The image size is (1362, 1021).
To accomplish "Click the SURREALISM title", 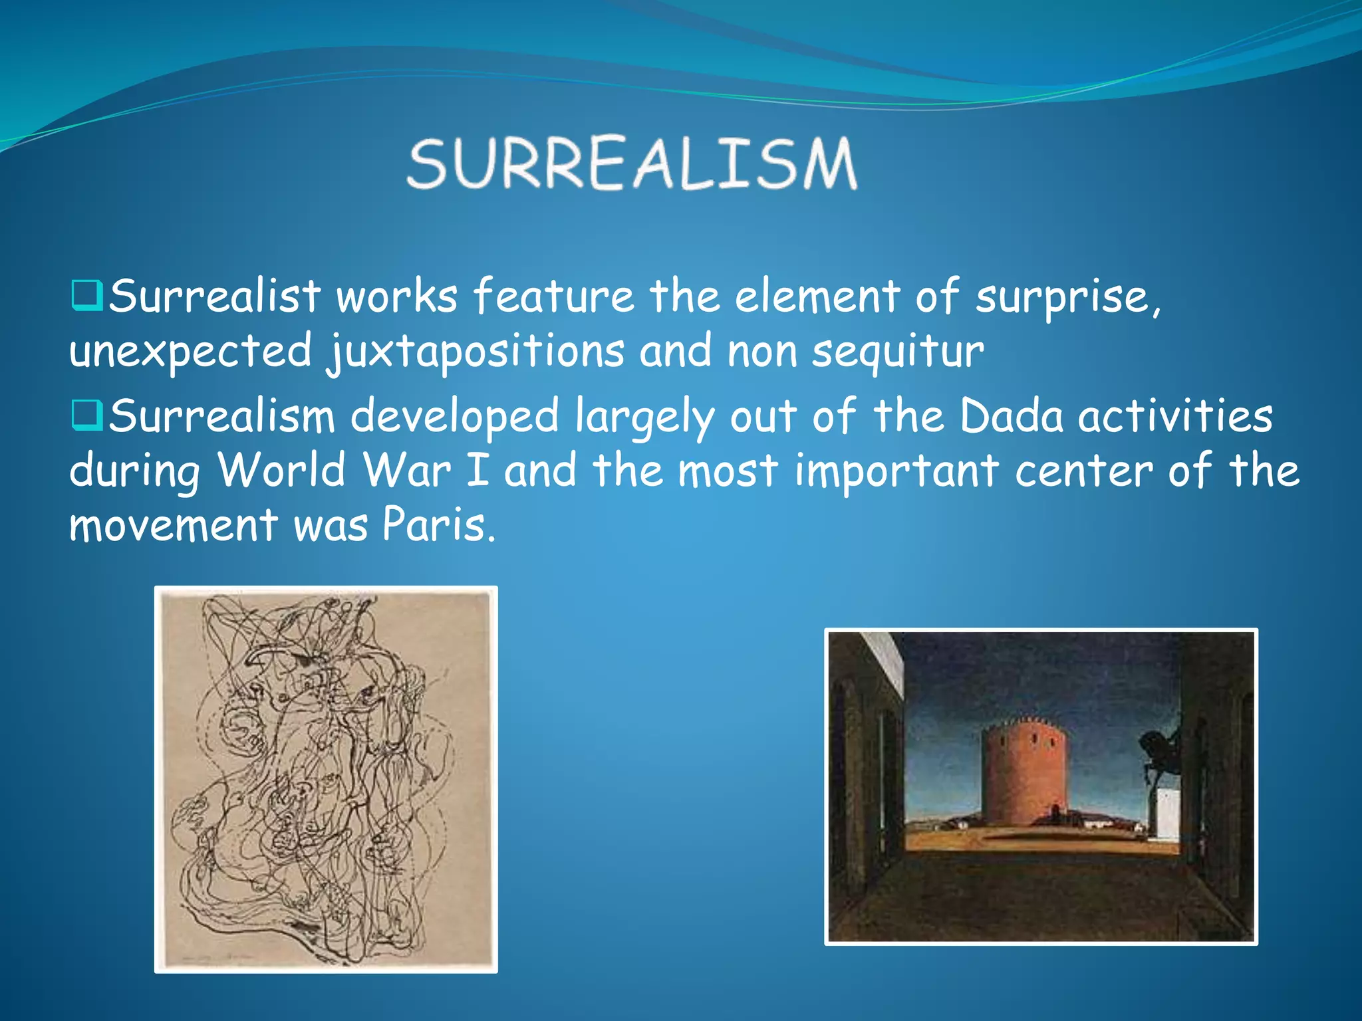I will (632, 163).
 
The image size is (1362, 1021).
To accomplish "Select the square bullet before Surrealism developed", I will (87, 415).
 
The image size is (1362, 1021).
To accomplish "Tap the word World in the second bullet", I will (282, 471).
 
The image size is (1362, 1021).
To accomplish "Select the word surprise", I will (1067, 297).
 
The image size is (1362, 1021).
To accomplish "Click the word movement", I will (174, 525).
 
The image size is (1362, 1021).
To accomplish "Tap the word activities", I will (1174, 416).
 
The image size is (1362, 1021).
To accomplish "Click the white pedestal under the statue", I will (1167, 814).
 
